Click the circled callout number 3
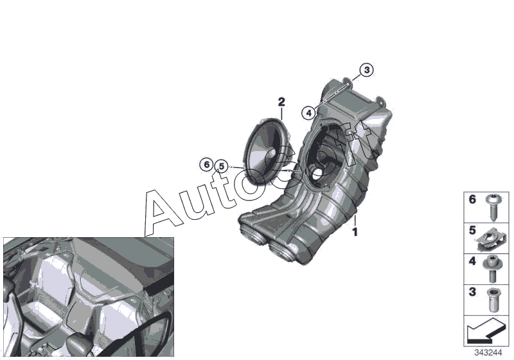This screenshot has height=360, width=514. click(x=366, y=70)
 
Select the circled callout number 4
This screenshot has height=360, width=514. click(x=308, y=113)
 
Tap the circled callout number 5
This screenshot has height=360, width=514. click(x=222, y=166)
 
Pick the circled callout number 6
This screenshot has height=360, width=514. click(x=206, y=165)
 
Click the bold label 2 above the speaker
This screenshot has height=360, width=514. click(x=281, y=102)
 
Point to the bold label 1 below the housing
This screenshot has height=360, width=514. click(x=355, y=232)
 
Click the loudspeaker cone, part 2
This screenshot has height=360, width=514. click(x=266, y=152)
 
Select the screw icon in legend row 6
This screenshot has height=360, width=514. click(x=492, y=207)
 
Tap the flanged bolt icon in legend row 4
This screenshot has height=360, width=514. click(x=491, y=269)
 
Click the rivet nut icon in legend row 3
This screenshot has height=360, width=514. click(x=492, y=300)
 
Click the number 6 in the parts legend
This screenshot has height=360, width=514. click(x=472, y=199)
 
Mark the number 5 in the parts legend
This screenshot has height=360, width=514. click(x=472, y=231)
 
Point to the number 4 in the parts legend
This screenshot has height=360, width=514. click(x=472, y=261)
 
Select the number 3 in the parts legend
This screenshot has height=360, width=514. click(x=472, y=292)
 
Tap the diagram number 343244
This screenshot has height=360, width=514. click(x=488, y=353)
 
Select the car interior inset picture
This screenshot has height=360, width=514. click(x=89, y=297)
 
